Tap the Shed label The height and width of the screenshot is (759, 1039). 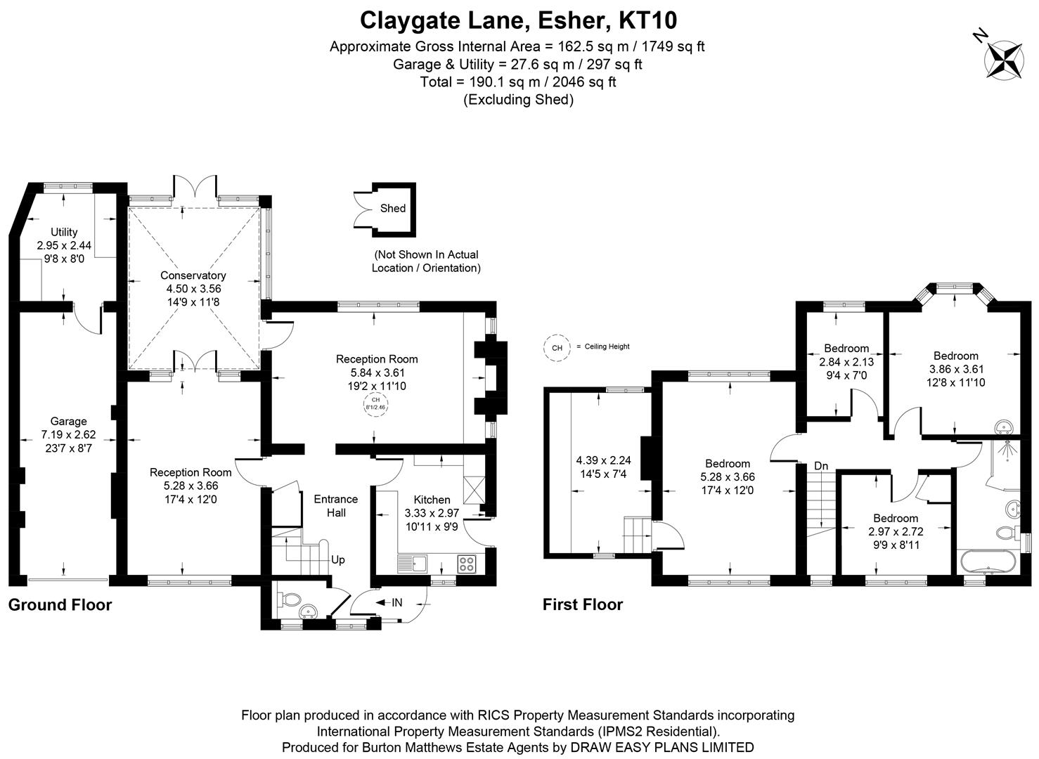tap(392, 208)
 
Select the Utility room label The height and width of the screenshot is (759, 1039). tap(64, 232)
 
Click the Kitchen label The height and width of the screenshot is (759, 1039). tap(432, 500)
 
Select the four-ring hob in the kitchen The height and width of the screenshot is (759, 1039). tap(466, 563)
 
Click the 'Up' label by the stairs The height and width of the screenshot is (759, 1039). tap(338, 560)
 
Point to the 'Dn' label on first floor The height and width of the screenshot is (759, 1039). tap(820, 465)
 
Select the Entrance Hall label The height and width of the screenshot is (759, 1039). tap(335, 505)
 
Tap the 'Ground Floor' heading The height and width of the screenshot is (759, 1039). tap(60, 604)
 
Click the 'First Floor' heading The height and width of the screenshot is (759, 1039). tap(582, 604)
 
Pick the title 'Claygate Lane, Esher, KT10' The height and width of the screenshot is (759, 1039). tap(518, 20)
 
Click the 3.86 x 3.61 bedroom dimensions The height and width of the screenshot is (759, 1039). tap(955, 369)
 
